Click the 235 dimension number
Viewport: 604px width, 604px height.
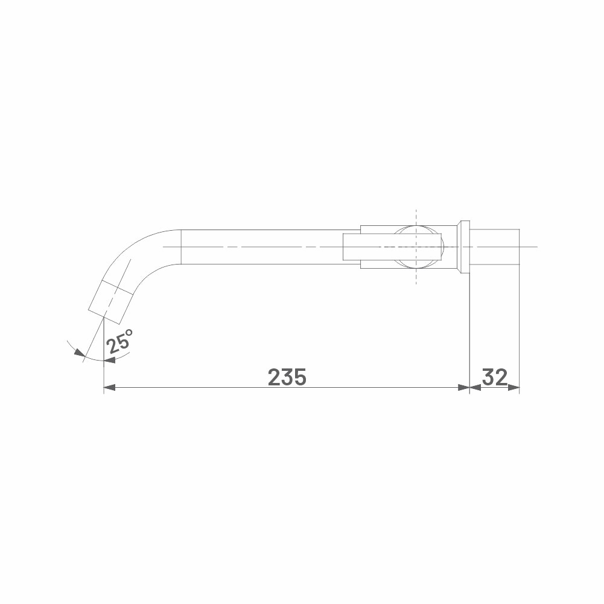tap(287, 377)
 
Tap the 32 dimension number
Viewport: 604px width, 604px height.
tap(495, 377)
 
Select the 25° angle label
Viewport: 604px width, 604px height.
tap(119, 341)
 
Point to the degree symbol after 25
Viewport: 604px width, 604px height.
tap(129, 332)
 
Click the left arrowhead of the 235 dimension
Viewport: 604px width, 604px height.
tap(110, 387)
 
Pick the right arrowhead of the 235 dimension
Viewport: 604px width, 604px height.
tap(464, 387)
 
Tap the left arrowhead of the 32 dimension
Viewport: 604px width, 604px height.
tap(475, 387)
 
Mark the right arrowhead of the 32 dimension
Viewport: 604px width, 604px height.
tap(513, 387)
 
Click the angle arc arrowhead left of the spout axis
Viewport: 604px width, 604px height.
tap(80, 353)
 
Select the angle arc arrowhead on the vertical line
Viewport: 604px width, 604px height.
tap(110, 360)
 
